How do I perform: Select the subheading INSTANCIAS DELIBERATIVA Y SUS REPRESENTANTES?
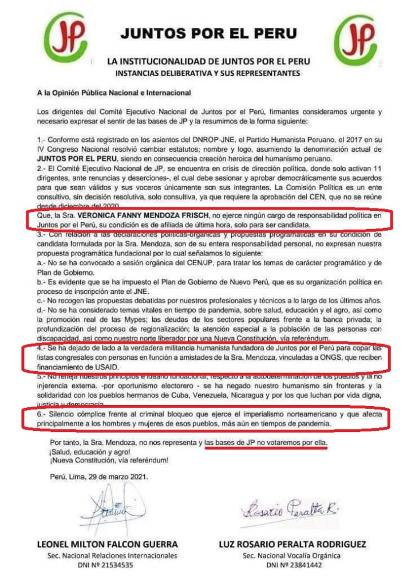click(208, 73)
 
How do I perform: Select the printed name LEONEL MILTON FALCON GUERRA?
click(107, 544)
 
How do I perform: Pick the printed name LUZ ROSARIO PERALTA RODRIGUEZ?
click(292, 544)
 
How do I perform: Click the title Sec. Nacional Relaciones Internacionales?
click(107, 554)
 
